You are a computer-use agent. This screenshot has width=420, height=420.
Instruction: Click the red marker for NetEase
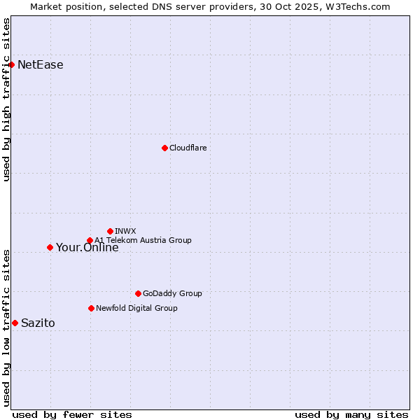[11, 65]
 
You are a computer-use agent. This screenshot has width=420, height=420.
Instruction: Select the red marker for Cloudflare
[164, 148]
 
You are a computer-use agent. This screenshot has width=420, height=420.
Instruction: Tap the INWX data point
[110, 231]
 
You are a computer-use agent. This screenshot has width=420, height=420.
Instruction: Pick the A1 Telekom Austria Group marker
[90, 241]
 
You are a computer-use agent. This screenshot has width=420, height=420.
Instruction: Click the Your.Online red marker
[50, 247]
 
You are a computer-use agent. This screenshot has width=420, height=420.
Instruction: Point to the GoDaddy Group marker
[138, 293]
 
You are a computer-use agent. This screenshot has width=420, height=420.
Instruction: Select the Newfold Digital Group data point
[91, 308]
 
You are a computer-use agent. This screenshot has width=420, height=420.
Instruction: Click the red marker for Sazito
[15, 323]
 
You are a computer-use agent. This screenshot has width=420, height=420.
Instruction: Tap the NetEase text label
[41, 65]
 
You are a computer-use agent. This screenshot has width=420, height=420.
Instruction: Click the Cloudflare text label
[188, 148]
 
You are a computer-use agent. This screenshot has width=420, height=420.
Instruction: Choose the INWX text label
[126, 231]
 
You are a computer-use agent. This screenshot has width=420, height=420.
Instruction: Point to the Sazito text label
[38, 323]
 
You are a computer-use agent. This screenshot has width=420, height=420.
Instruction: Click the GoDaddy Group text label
[172, 293]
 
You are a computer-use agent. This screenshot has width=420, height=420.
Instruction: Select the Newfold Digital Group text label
[136, 308]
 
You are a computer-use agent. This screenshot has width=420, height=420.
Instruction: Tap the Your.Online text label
[87, 248]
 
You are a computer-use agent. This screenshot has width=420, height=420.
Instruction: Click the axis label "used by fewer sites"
[72, 414]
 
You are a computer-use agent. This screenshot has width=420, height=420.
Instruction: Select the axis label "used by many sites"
[351, 414]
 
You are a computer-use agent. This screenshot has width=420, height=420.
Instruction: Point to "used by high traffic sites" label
[6, 99]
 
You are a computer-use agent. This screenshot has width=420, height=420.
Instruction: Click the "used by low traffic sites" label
[6, 328]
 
